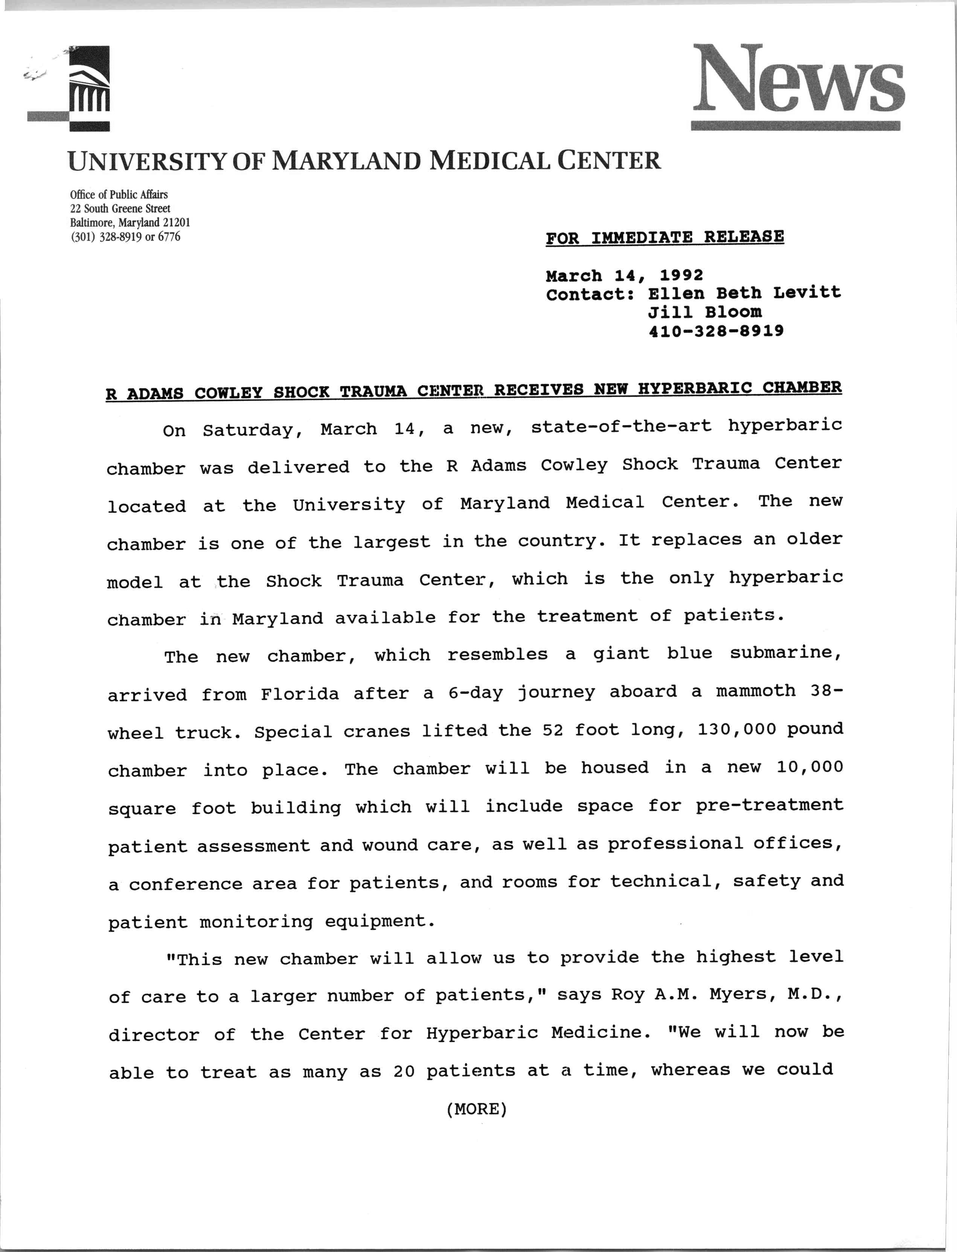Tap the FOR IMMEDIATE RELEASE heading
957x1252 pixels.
tap(664, 237)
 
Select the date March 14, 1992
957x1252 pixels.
tap(624, 276)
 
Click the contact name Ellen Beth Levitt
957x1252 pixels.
tap(744, 293)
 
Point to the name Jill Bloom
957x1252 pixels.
tap(705, 312)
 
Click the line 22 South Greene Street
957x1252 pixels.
tap(120, 209)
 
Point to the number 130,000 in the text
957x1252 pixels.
tap(736, 730)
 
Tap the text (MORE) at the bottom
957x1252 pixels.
tap(477, 1109)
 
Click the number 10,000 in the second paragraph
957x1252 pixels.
tap(809, 767)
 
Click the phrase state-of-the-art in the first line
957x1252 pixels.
tap(621, 427)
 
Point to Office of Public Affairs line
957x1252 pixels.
tap(119, 195)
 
